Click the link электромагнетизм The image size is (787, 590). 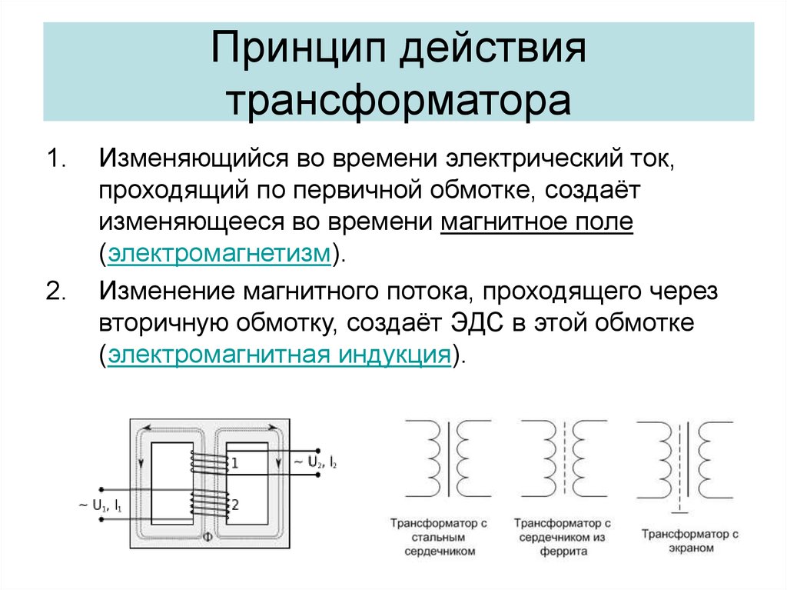pos(219,253)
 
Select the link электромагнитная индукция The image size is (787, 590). pos(280,355)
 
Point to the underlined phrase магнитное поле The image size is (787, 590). pos(537,222)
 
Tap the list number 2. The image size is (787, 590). pos(56,292)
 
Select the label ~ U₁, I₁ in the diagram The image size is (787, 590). pos(100,505)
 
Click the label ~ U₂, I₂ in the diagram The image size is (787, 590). pos(314,462)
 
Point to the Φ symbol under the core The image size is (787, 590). pos(208,537)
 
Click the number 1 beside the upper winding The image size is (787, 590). pos(234,463)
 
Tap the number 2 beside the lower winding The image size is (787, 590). pos(235,504)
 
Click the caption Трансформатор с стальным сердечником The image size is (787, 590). pos(439,537)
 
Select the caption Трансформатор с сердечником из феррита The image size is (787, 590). pos(563,537)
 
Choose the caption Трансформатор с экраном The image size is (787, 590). pos(690,541)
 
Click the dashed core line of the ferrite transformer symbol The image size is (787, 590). pos(563,458)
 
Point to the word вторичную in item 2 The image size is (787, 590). pos(163,324)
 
